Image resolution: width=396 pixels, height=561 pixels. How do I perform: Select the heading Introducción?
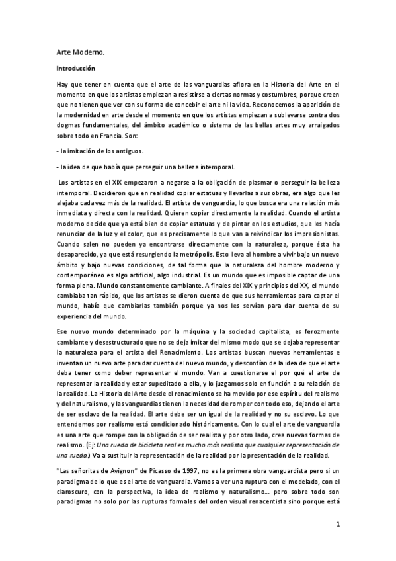pos(76,68)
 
